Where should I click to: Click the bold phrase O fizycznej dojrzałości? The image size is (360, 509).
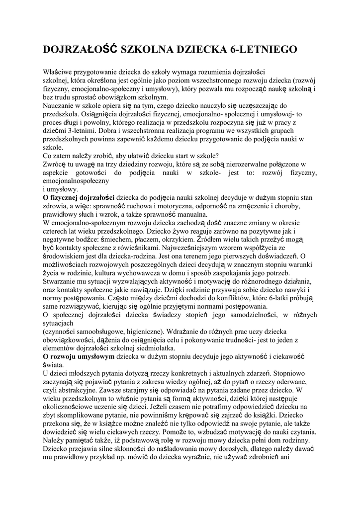(x=79, y=198)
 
